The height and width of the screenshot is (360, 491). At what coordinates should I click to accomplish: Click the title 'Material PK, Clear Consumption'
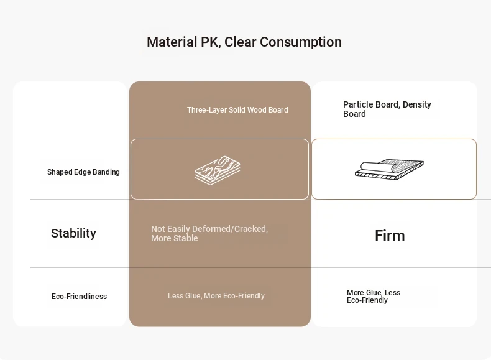click(244, 42)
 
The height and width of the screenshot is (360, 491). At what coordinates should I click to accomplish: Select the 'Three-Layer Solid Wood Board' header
click(237, 110)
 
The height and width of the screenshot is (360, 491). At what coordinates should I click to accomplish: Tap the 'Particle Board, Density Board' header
click(387, 109)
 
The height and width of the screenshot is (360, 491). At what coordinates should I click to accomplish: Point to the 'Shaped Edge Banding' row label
click(83, 172)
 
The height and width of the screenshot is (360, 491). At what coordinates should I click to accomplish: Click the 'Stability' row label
click(73, 233)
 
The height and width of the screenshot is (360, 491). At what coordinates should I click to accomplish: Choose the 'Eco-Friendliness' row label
click(79, 297)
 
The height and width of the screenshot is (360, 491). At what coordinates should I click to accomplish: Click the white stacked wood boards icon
click(218, 170)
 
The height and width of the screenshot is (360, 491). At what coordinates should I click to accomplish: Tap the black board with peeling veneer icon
click(389, 170)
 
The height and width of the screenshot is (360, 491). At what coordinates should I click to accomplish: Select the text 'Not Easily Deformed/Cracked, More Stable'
click(209, 233)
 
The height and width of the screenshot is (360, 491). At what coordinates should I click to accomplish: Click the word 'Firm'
click(390, 236)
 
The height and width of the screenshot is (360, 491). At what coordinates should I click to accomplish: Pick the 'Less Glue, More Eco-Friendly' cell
click(216, 296)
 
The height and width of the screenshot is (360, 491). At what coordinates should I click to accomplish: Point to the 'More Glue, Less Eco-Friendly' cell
click(374, 297)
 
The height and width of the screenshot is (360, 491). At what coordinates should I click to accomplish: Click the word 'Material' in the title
click(172, 42)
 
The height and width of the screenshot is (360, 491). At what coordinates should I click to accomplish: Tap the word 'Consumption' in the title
click(301, 42)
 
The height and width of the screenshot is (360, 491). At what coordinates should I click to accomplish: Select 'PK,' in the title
click(211, 42)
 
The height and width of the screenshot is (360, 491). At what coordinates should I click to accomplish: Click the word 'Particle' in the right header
click(356, 104)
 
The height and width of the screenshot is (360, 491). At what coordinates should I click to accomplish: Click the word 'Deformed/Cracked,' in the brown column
click(230, 229)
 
